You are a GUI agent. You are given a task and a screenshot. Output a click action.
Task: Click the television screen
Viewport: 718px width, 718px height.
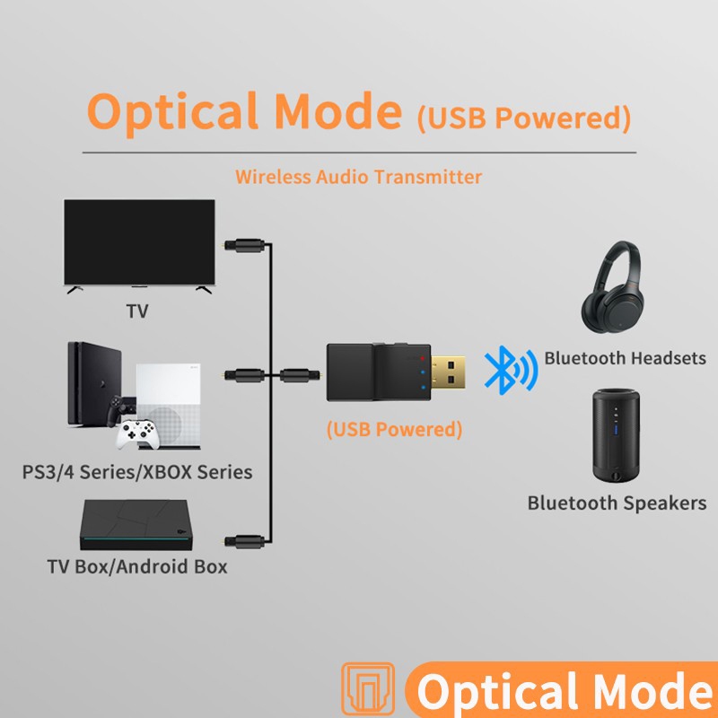point(140,241)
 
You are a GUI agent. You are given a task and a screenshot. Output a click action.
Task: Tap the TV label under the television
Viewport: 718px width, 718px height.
point(137,312)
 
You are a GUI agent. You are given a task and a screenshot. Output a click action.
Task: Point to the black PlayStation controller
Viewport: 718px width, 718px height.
point(117,411)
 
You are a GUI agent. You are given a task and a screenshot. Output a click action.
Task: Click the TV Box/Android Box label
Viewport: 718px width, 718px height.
point(137,566)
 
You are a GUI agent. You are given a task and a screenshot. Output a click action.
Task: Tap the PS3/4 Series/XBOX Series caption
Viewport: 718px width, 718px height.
point(137,471)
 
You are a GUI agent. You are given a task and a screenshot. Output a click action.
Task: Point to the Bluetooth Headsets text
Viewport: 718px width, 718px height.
point(625,358)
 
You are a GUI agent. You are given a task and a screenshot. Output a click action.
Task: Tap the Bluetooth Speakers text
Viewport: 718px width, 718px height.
point(617,503)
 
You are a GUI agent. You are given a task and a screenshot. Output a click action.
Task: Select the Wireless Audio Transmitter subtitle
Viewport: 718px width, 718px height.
point(358,176)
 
